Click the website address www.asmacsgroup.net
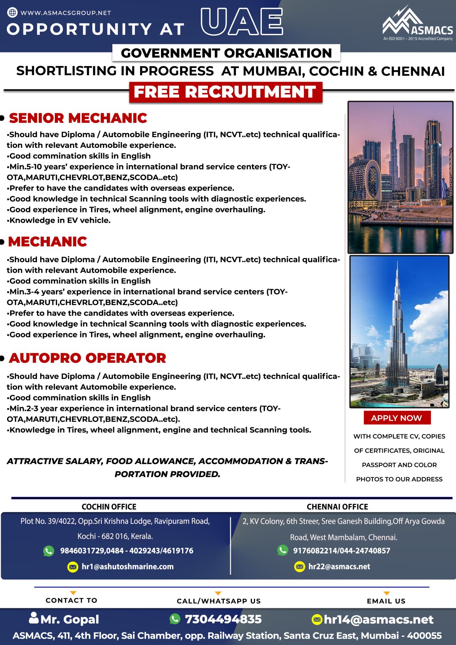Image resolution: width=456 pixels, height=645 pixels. [x=66, y=13]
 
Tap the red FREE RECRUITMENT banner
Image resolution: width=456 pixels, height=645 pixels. [x=226, y=92]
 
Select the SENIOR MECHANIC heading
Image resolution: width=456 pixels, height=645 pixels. [x=78, y=118]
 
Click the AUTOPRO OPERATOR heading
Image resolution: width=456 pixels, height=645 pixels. [x=88, y=358]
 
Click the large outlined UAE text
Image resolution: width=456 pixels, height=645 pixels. [x=242, y=22]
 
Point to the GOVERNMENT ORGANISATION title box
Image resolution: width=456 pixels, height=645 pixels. [x=226, y=53]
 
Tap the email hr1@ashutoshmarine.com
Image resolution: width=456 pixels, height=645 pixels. [x=128, y=567]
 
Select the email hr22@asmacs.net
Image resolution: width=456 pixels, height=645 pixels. [x=339, y=567]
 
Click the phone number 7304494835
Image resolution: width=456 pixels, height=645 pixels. [x=223, y=619]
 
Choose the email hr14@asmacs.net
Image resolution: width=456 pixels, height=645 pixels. [x=378, y=620]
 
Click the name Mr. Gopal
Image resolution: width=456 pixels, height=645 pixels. [x=70, y=620]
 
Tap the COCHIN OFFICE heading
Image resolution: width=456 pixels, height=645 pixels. [x=109, y=507]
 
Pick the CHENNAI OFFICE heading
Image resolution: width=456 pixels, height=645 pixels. [x=337, y=507]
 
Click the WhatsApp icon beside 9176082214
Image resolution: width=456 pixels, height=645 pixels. [x=283, y=550]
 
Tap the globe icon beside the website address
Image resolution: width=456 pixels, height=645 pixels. [x=12, y=12]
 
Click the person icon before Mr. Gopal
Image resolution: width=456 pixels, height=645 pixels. [x=34, y=618]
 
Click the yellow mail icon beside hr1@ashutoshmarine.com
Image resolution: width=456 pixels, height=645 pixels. [x=73, y=567]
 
